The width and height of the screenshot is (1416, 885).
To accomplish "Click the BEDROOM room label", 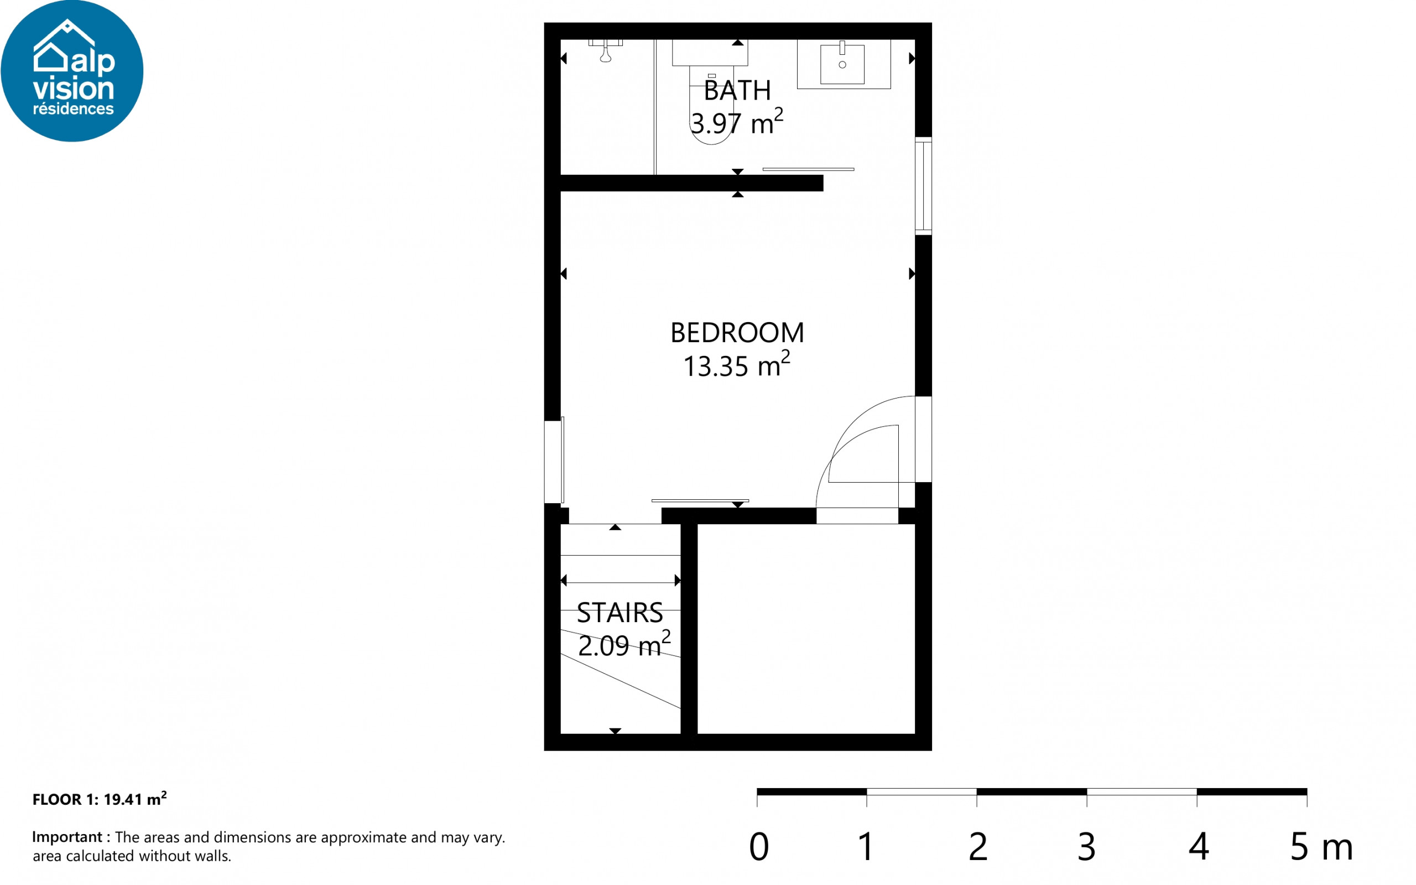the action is (737, 333).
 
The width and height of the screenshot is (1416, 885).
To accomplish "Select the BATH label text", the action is (737, 91).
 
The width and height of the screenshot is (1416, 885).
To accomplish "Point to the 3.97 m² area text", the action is (737, 122).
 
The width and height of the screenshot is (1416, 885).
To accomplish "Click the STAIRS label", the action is (620, 613).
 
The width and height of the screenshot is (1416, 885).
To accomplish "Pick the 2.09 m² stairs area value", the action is (624, 644).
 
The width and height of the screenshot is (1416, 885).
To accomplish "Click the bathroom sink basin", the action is (842, 64).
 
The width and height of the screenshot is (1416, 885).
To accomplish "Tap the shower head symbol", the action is (605, 53).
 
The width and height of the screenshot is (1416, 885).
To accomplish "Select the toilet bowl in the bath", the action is (711, 105).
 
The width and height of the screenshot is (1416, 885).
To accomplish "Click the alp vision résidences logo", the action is (72, 70).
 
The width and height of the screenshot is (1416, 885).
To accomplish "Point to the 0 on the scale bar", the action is (758, 846).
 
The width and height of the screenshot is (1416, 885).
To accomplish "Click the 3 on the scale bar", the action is (1086, 846).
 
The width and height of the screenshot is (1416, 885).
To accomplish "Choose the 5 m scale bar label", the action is (1321, 846).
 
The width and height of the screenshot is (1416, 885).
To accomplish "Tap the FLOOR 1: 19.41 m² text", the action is (100, 799).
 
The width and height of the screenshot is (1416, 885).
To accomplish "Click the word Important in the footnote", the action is (67, 837).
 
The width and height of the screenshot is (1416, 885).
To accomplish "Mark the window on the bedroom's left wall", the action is (554, 461).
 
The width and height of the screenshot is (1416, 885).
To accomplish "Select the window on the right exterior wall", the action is (923, 186).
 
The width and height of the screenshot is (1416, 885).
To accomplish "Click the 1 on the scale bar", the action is (866, 846).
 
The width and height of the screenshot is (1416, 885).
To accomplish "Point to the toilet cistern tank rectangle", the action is (710, 53).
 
